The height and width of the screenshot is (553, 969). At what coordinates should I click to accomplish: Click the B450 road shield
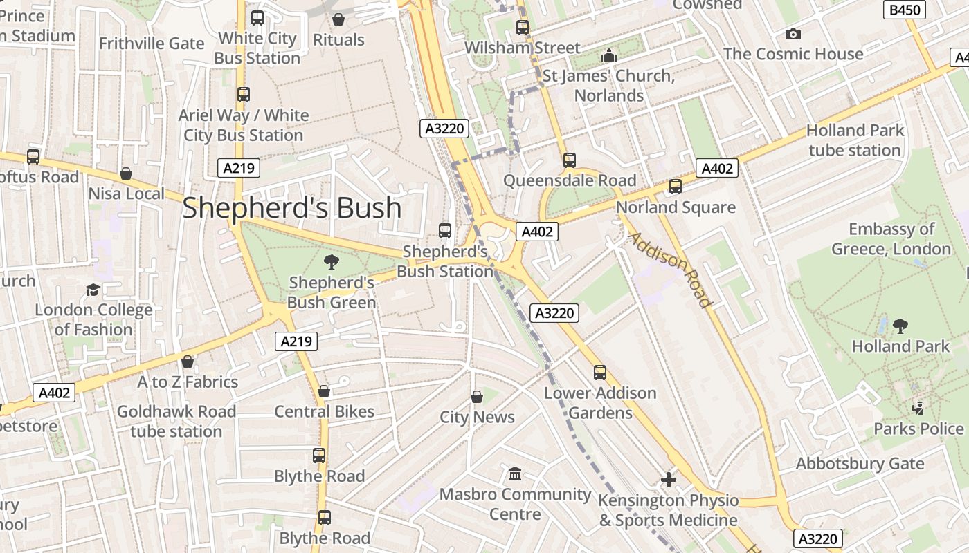tap(905, 10)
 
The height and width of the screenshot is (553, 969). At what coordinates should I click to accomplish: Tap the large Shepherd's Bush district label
tap(291, 207)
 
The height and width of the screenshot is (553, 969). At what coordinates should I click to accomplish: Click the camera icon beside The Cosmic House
tap(793, 34)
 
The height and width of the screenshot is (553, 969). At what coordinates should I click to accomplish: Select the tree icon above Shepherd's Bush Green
tap(332, 261)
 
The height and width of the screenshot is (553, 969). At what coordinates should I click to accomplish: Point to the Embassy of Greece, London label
tap(891, 238)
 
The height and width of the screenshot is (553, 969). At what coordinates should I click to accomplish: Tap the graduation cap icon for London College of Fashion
tap(93, 290)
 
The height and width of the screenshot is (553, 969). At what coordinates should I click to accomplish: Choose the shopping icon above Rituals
tap(338, 19)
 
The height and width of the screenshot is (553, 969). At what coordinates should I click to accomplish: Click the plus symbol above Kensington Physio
tap(668, 479)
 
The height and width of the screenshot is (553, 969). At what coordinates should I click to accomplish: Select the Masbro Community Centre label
tap(515, 504)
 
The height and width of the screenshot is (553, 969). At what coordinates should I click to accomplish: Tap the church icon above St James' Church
tap(609, 55)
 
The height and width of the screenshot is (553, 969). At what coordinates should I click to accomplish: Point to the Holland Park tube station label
tap(855, 140)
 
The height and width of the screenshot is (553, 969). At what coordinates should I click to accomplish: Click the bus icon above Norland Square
tap(675, 187)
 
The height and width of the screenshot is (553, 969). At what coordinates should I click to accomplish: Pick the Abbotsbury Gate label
tap(860, 463)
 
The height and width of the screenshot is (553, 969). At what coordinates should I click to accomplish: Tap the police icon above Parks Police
tap(918, 408)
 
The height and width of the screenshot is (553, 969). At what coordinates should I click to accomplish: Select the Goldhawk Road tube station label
tap(176, 421)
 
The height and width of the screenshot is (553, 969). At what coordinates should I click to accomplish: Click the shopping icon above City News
tap(477, 397)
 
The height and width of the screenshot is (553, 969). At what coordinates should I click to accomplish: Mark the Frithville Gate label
tap(152, 44)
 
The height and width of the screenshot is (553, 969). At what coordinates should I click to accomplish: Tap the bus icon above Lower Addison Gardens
tap(599, 373)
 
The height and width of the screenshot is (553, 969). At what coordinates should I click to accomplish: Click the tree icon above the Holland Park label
tap(900, 326)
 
